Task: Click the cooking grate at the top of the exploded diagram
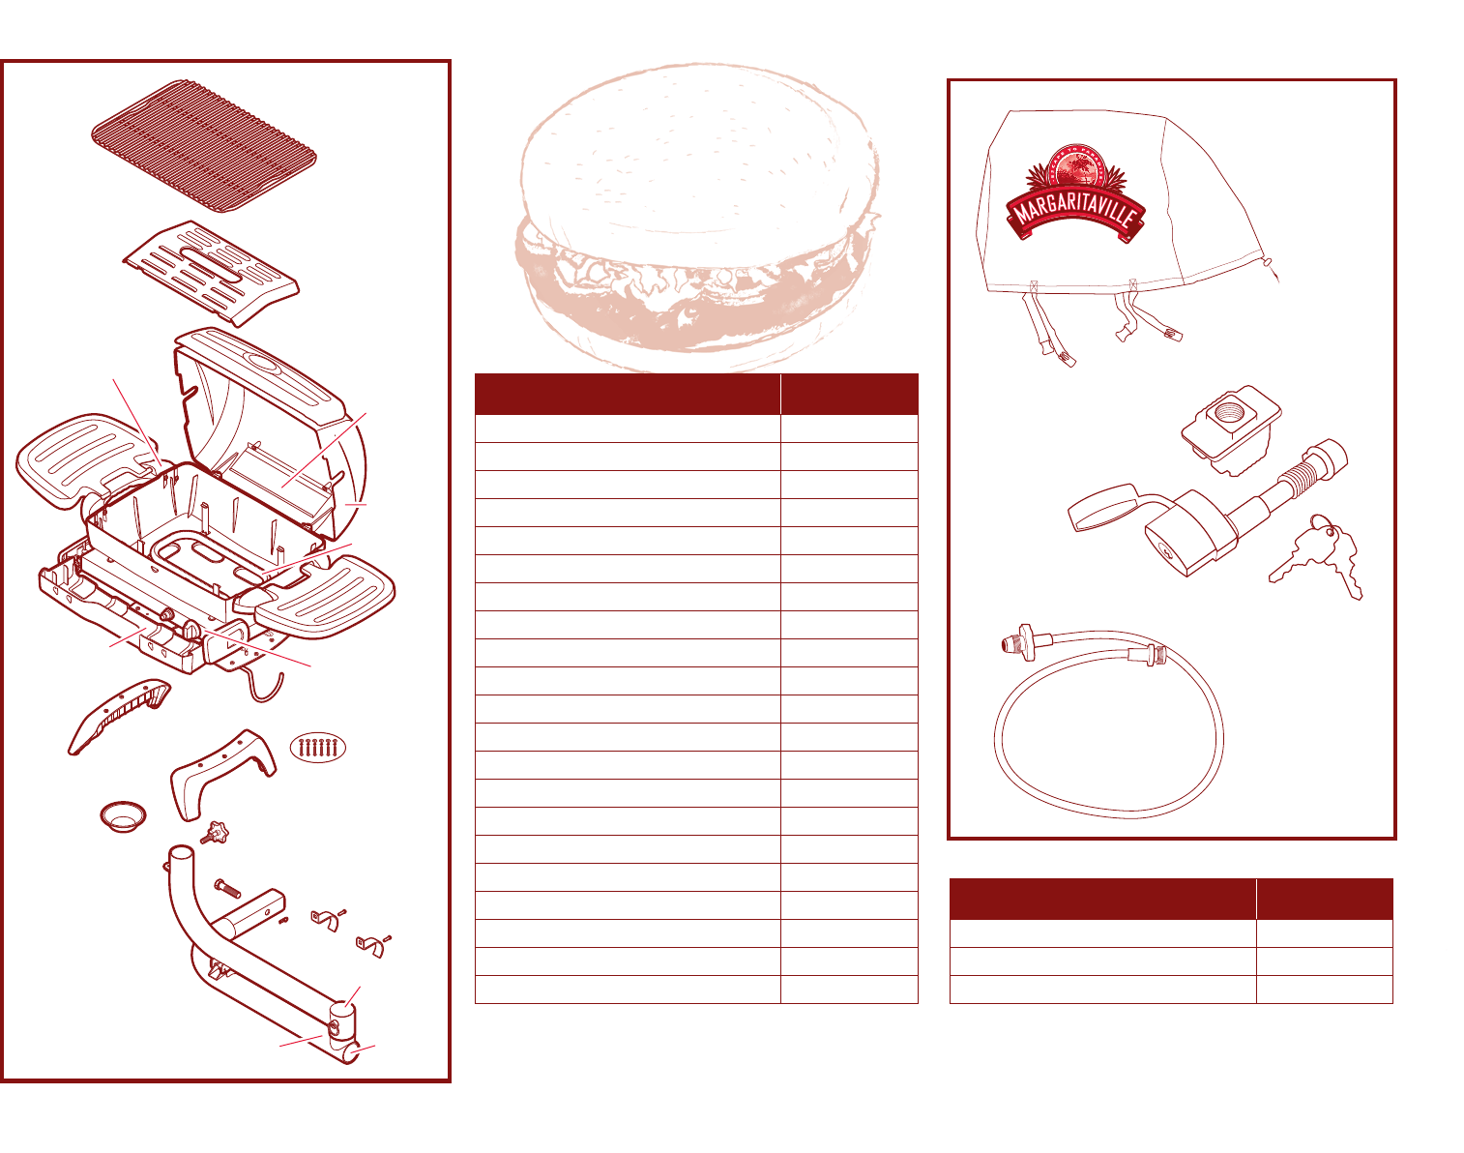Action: pyautogui.click(x=204, y=145)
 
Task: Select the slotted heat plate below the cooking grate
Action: pyautogui.click(x=211, y=270)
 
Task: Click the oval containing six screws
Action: pyautogui.click(x=318, y=748)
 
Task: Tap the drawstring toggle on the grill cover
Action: pyautogui.click(x=1268, y=260)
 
